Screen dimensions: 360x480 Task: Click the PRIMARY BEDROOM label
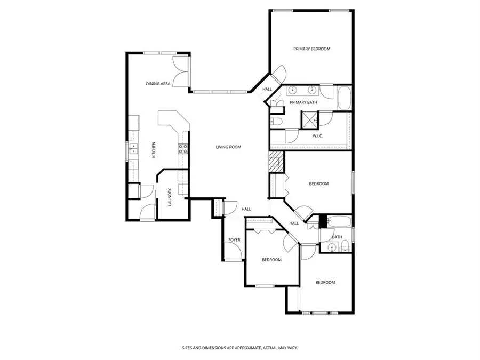[311, 49]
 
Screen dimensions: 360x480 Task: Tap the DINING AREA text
[158, 84]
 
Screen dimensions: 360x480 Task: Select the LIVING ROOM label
[228, 147]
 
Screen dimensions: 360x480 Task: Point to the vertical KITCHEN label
[154, 150]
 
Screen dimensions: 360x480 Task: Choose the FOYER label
[234, 240]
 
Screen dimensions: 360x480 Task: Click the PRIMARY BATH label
[303, 102]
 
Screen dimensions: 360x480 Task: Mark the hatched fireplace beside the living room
[275, 161]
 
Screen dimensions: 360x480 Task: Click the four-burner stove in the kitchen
[182, 149]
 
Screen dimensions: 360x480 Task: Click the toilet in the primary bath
[277, 122]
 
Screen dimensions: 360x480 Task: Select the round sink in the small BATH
[332, 246]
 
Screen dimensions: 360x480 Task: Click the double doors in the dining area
[181, 73]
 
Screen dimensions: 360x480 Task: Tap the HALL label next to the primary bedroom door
[267, 89]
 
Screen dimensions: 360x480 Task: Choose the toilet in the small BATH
[345, 246]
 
